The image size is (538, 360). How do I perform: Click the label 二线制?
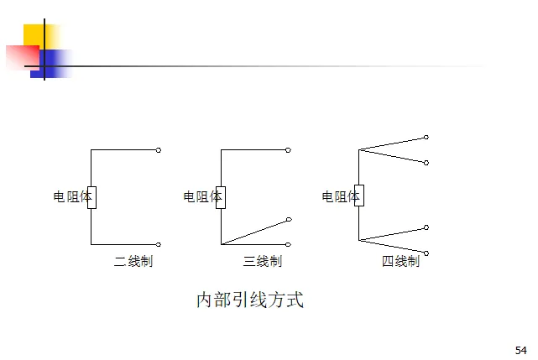pos(133,262)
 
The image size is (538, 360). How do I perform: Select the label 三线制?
pos(263,262)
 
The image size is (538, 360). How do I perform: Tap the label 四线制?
pos(400,262)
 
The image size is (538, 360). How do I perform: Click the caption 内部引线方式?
pos(249,300)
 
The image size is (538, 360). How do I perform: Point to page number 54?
pos(520,349)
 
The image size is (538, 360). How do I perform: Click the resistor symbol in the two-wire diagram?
pos(91,197)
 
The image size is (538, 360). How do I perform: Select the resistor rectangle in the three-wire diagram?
pos(221,197)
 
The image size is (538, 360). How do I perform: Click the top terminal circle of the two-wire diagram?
pos(159,150)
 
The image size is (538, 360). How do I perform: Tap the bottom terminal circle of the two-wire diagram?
pos(159,244)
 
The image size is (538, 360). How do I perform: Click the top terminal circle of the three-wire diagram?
pos(288,150)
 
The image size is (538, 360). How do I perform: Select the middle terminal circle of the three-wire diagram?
pos(288,220)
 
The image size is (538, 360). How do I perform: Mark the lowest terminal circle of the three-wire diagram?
pos(288,244)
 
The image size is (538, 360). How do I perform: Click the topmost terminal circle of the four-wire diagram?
pos(426,137)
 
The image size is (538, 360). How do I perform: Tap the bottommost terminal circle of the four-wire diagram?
pos(426,253)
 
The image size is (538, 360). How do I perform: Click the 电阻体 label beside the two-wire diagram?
pos(70,197)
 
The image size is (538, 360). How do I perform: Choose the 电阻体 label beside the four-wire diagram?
pos(337,197)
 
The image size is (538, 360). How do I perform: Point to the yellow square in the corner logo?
pos(35,35)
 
